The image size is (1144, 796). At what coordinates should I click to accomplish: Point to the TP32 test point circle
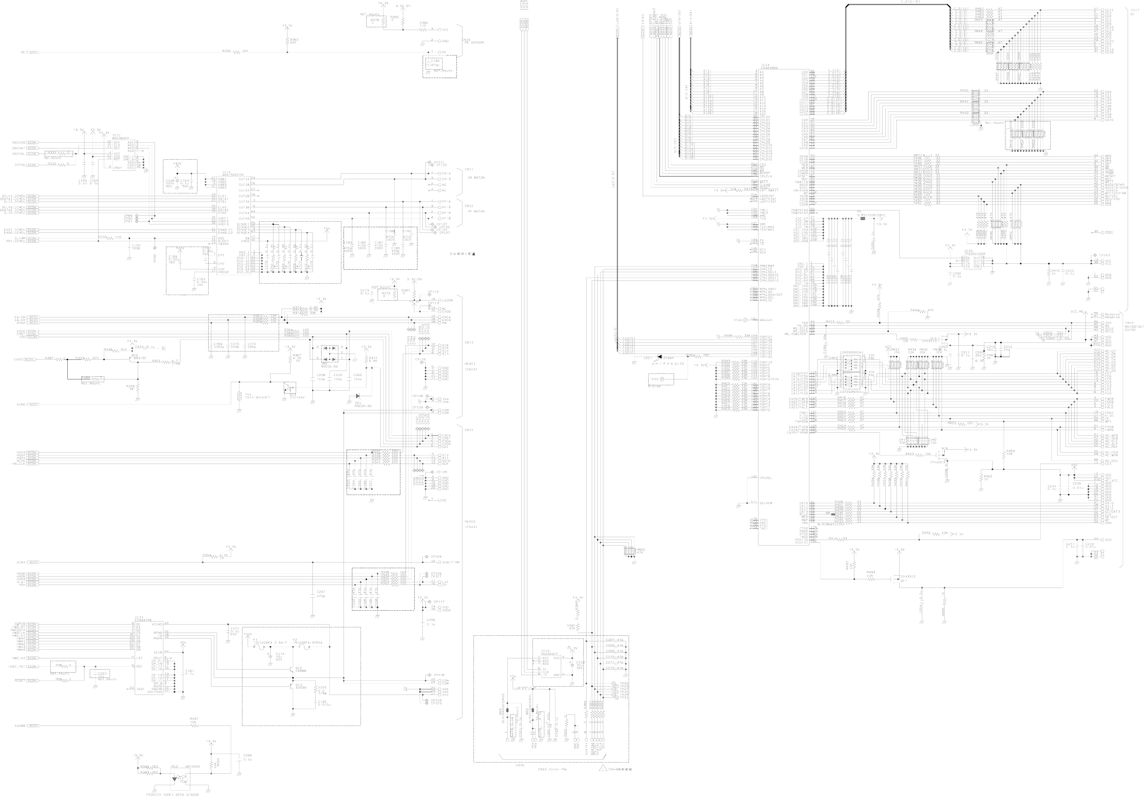[663, 380]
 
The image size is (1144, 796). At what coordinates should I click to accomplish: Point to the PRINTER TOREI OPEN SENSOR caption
[172, 794]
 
